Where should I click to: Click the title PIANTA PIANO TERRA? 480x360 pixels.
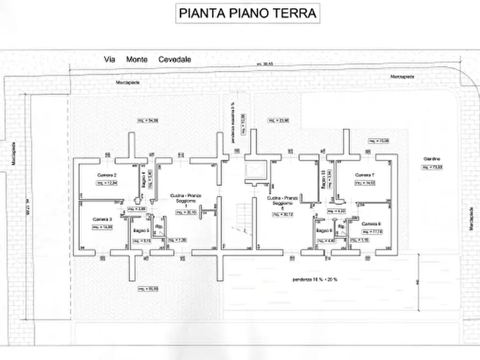pyautogui.click(x=248, y=13)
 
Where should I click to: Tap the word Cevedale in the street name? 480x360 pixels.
pyautogui.click(x=174, y=60)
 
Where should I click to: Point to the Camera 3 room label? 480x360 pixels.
pyautogui.click(x=103, y=219)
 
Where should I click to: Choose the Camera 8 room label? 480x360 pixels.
pyautogui.click(x=371, y=224)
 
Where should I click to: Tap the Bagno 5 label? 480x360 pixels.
pyautogui.click(x=141, y=231)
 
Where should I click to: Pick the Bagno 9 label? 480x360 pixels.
pyautogui.click(x=324, y=231)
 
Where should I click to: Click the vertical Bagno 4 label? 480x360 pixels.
pyautogui.click(x=144, y=178)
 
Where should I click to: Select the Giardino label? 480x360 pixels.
pyautogui.click(x=432, y=160)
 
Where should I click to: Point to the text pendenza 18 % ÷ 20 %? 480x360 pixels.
pyautogui.click(x=319, y=279)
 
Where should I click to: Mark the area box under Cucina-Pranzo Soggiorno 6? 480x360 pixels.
pyautogui.click(x=282, y=215)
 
